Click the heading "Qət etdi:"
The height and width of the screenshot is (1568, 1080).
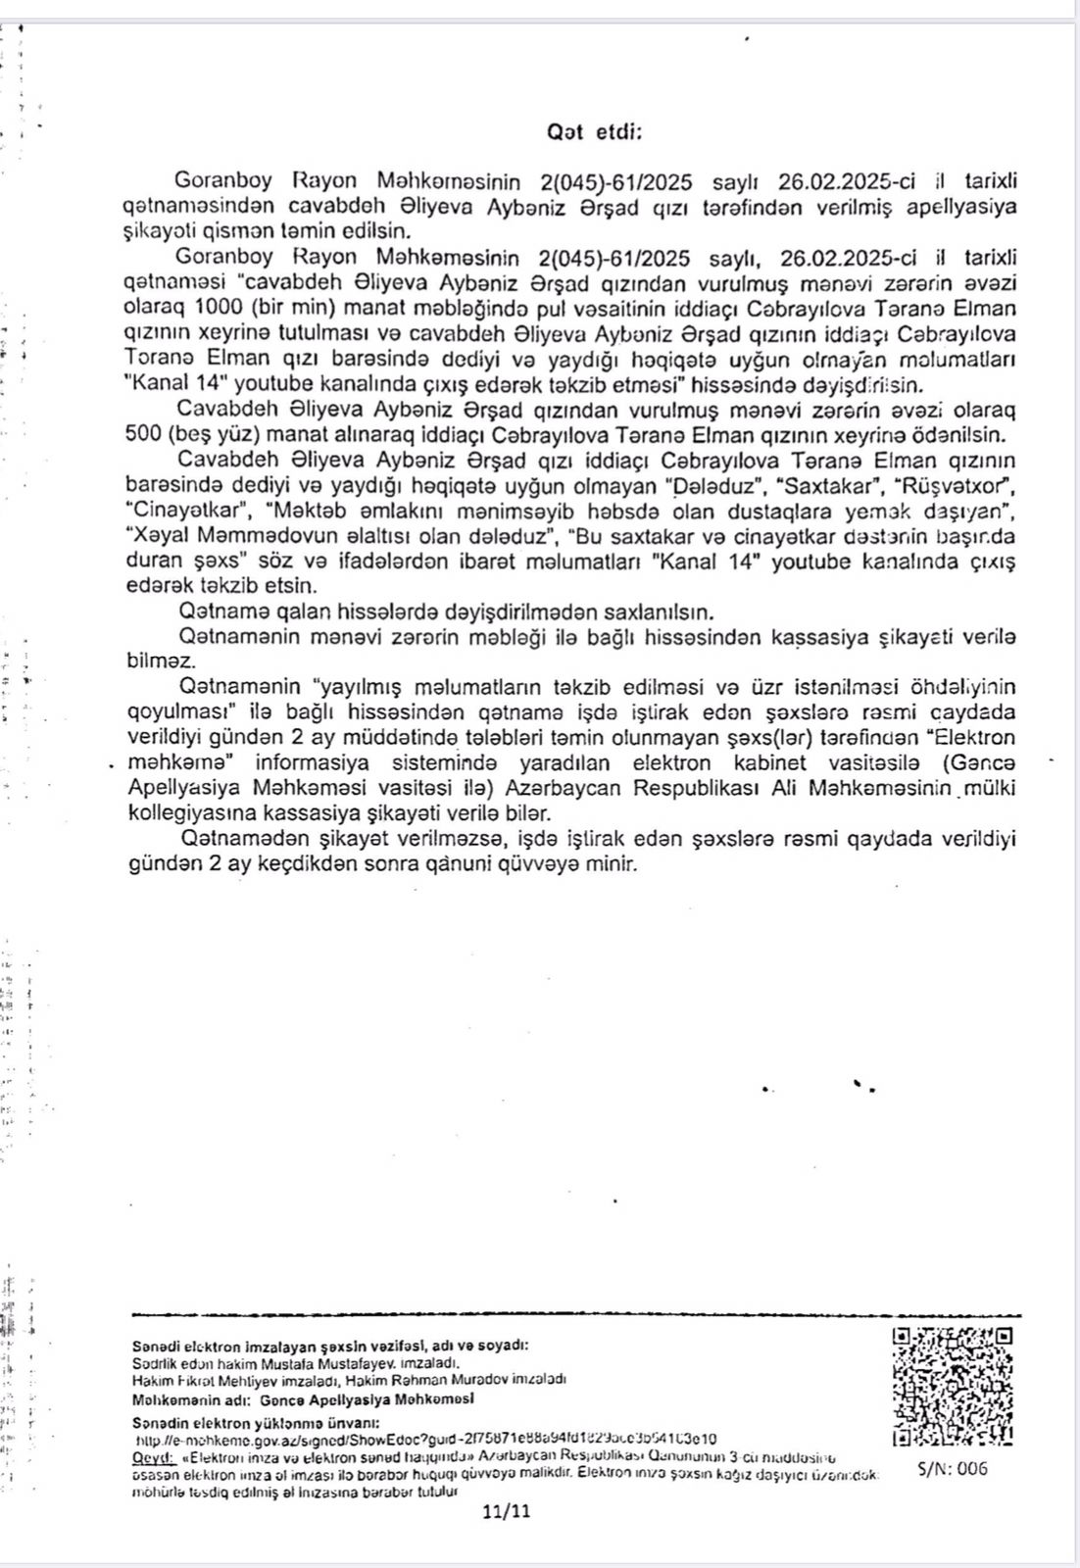pyautogui.click(x=594, y=132)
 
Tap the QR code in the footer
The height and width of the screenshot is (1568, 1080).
pyautogui.click(x=953, y=1385)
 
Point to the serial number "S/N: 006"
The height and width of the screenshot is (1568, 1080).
pyautogui.click(x=953, y=1468)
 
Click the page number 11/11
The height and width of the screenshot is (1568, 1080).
pyautogui.click(x=507, y=1510)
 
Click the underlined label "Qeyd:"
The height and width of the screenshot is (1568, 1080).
pyautogui.click(x=151, y=1457)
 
